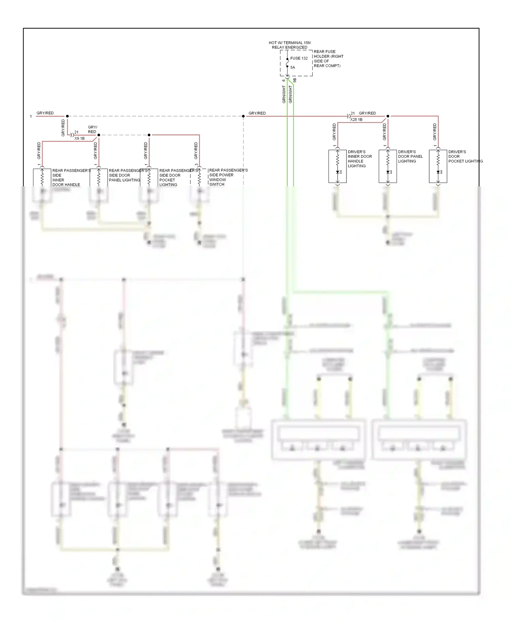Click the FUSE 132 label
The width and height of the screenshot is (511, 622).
coord(299,58)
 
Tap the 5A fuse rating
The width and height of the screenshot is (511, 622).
coord(293,67)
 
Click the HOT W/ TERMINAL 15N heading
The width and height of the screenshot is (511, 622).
coord(290,43)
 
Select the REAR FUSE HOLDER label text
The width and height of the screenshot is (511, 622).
coord(328,59)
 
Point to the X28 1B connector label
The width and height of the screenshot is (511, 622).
coord(356,120)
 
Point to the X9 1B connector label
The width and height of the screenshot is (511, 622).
coord(79,138)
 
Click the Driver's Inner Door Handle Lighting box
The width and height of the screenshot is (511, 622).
coord(337,166)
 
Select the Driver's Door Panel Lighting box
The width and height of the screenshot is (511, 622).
coord(388,166)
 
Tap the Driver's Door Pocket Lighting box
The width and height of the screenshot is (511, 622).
coord(438,166)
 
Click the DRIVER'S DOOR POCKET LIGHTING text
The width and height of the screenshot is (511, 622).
coord(465,157)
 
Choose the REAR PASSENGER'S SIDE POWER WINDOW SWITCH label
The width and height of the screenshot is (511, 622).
coord(228,177)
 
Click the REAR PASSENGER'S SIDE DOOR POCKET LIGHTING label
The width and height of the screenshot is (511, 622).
coord(178,177)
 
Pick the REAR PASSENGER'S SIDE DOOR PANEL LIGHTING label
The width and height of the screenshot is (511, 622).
coord(128,175)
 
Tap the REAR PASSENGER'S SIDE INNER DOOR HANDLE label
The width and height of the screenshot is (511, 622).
coord(71,177)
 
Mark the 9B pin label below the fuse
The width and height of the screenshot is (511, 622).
coord(295,80)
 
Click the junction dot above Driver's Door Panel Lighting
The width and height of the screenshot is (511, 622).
coord(388,116)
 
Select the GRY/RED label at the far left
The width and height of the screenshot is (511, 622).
coord(45,113)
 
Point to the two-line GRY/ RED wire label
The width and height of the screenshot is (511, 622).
coord(92,129)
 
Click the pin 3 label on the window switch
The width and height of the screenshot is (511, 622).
coord(197,165)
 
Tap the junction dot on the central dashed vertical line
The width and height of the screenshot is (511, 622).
coord(243,116)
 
